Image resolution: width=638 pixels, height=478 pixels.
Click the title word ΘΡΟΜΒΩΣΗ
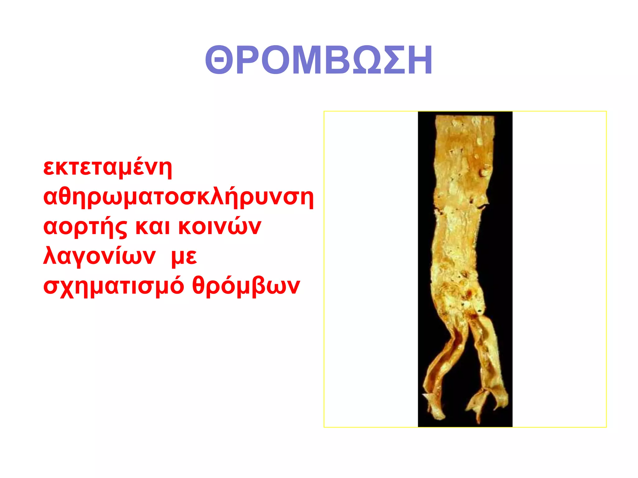[318, 60]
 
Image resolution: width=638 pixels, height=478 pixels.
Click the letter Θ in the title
[219, 60]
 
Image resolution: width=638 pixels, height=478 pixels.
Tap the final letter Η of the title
[417, 60]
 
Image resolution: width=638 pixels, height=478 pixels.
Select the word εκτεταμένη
[107, 168]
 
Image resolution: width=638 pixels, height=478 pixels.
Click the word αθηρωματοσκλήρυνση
[178, 197]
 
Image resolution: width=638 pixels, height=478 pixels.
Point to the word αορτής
[85, 227]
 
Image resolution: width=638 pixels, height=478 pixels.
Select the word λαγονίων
[99, 256]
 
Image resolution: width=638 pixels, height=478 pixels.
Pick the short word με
[184, 257]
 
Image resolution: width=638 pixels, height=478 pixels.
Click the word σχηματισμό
[113, 286]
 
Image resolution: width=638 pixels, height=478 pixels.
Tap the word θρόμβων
[246, 286]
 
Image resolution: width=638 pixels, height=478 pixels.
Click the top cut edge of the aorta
[464, 117]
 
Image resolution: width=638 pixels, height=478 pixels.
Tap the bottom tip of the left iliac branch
[438, 415]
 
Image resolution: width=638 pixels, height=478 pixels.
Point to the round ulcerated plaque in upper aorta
[485, 171]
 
